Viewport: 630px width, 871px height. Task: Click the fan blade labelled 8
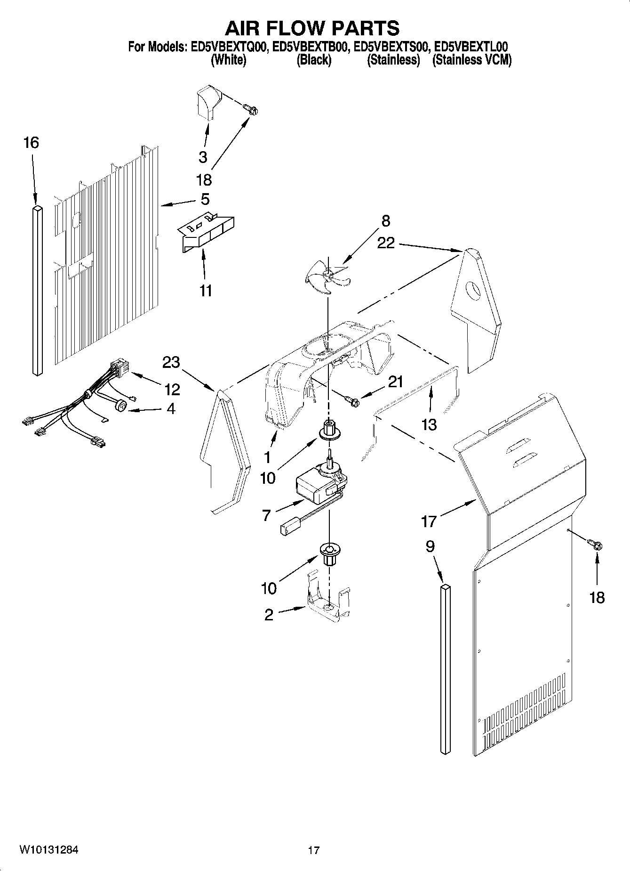click(327, 279)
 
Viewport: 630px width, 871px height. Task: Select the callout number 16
click(31, 143)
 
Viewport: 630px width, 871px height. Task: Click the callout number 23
click(171, 362)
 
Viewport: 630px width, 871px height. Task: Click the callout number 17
click(429, 521)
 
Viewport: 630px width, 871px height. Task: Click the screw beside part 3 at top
click(251, 110)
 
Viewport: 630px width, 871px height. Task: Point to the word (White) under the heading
click(229, 60)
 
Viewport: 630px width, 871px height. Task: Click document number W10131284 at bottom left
click(49, 850)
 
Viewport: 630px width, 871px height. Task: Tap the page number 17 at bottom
click(314, 850)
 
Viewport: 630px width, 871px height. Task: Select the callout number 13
click(429, 425)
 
